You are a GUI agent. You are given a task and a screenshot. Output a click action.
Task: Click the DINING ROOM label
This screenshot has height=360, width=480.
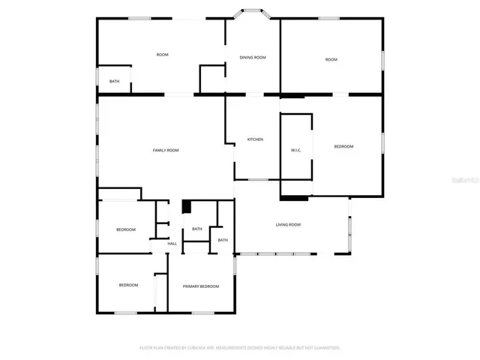pos(253,57)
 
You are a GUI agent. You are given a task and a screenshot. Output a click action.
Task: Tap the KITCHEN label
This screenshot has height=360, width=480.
pos(255,139)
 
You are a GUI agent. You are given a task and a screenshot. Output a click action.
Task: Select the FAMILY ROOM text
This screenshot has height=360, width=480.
pos(166,151)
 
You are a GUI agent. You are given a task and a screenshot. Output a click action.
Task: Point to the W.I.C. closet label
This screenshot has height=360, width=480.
pos(295,151)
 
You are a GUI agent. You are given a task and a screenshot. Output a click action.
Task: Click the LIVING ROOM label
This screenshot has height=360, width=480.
pos(288,225)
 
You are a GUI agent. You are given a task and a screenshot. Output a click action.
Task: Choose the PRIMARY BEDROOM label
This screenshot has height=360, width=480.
pos(201,286)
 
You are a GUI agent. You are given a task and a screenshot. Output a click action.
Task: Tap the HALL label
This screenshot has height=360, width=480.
pos(172,244)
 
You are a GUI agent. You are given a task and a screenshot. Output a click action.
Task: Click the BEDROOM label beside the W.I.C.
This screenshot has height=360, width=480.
pos(343,146)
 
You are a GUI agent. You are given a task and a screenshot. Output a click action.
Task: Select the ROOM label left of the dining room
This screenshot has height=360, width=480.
pos(162,55)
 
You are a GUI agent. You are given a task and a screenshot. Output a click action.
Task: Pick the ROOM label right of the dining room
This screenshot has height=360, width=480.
pos(331,59)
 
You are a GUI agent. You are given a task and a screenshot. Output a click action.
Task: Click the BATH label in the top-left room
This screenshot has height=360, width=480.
pos(114,81)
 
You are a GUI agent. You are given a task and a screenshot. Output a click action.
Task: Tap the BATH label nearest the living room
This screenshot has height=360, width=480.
pos(223,240)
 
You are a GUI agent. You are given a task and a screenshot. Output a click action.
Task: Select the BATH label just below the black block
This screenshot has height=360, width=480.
pos(196,229)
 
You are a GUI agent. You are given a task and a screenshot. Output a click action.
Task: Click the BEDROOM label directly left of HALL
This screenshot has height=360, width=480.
pos(125,229)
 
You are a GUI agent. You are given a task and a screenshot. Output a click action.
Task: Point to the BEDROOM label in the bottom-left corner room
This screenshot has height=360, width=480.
pos(129,285)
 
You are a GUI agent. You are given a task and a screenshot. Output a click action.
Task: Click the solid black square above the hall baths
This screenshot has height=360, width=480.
pos(187,207)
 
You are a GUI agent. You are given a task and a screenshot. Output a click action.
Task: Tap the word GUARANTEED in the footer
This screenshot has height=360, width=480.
pos(325,348)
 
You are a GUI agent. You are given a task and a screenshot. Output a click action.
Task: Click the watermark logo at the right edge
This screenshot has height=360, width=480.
pos(468,180)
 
